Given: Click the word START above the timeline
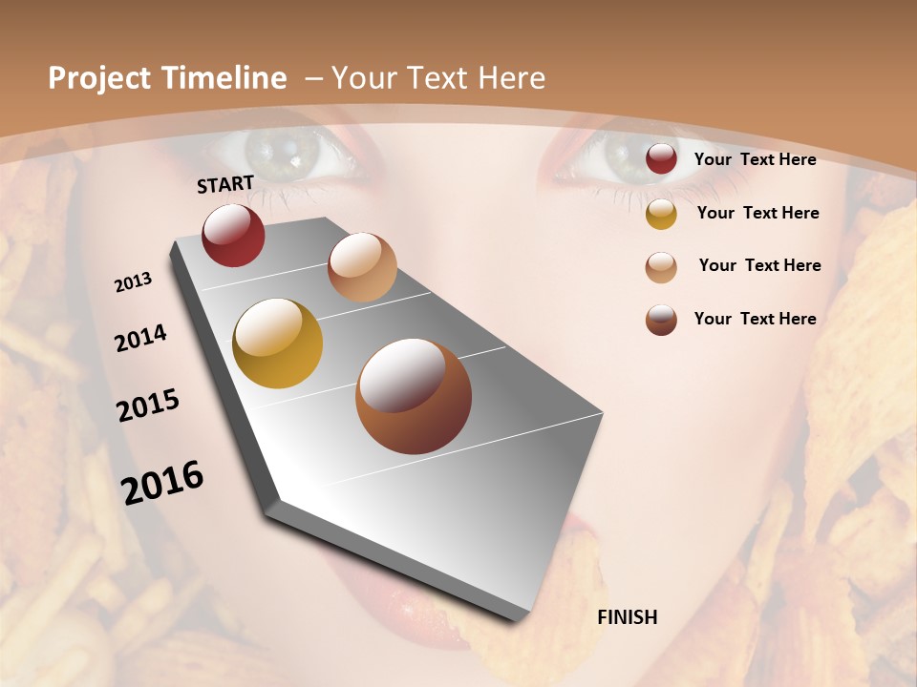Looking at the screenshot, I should pyautogui.click(x=225, y=184).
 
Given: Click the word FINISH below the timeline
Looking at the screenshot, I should pyautogui.click(x=627, y=617).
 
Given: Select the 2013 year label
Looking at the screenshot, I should pyautogui.click(x=134, y=282).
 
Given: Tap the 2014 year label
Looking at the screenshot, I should pyautogui.click(x=141, y=338).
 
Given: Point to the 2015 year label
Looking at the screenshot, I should pyautogui.click(x=148, y=406).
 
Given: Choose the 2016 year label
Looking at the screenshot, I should pyautogui.click(x=162, y=482).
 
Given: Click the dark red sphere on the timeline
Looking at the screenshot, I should pyautogui.click(x=233, y=235).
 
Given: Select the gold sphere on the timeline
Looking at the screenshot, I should pyautogui.click(x=277, y=343).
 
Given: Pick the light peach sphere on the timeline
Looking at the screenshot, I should pyautogui.click(x=362, y=267).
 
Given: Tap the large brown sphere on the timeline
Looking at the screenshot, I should pyautogui.click(x=414, y=396).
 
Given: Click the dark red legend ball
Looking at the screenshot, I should pyautogui.click(x=661, y=159).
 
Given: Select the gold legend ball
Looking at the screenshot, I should pyautogui.click(x=661, y=214).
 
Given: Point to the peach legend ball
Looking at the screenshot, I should pyautogui.click(x=661, y=267).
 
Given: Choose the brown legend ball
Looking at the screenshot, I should pyautogui.click(x=661, y=320).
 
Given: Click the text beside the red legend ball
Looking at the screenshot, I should pyautogui.click(x=755, y=160).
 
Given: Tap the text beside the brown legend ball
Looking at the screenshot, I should pyautogui.click(x=755, y=319).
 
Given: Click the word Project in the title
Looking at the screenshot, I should pyautogui.click(x=98, y=78).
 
